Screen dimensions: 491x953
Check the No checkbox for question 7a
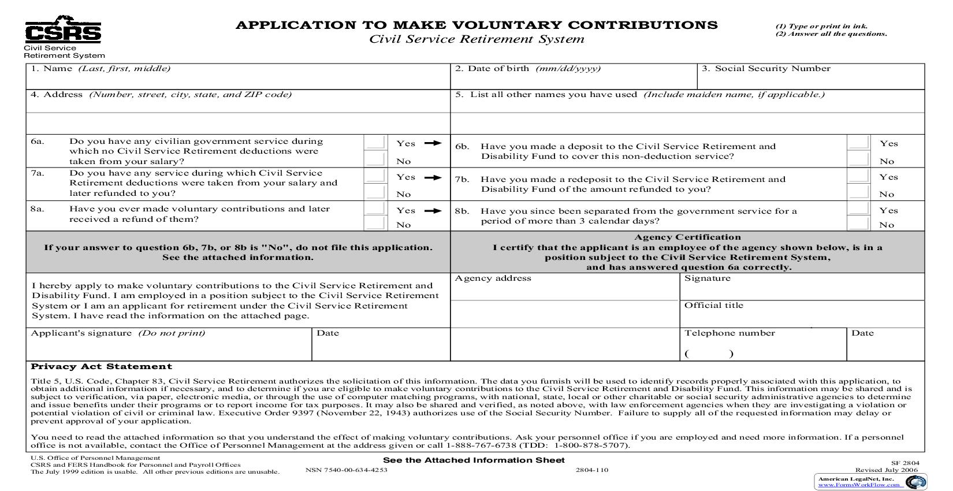375,192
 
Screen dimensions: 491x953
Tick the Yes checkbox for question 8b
859,209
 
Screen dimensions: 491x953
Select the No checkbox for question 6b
859,159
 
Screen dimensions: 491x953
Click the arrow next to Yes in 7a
433,177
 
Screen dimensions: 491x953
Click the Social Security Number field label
765,69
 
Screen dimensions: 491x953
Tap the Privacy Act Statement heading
101,366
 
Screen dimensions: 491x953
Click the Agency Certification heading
687,237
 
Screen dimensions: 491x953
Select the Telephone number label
729,333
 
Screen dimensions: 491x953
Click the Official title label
713,306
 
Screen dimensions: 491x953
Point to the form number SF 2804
904,463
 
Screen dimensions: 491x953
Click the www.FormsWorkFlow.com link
858,485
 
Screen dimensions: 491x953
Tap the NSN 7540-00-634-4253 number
346,470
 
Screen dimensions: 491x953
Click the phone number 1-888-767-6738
482,445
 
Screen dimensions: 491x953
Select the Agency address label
493,278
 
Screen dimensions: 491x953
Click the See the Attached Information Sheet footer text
474,460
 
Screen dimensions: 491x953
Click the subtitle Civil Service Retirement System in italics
477,39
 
